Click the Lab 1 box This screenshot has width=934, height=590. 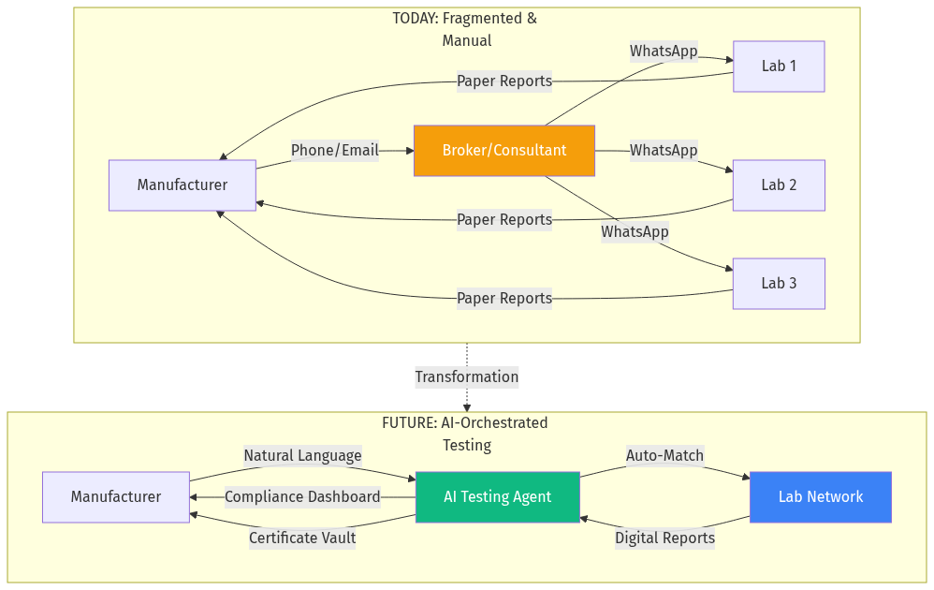779,66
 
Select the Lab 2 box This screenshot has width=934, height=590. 779,185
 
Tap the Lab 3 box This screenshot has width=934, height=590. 779,284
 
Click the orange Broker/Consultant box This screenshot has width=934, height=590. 504,151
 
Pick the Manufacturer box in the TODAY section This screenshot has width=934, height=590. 182,185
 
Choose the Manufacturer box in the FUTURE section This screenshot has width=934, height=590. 116,497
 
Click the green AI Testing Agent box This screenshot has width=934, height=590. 498,497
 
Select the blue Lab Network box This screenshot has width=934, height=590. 821,497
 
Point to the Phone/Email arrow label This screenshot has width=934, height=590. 335,151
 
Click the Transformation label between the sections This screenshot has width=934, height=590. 467,377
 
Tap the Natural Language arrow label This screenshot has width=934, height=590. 302,456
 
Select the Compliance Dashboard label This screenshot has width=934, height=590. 302,497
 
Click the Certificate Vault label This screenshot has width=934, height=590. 302,538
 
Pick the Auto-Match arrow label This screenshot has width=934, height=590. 664,456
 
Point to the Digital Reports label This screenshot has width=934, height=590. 664,538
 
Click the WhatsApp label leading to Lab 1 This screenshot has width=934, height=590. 664,52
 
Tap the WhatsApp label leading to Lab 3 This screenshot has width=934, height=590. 635,231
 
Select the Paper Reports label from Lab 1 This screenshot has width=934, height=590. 504,81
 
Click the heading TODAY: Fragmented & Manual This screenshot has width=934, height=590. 465,29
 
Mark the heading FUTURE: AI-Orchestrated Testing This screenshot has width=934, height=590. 465,434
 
